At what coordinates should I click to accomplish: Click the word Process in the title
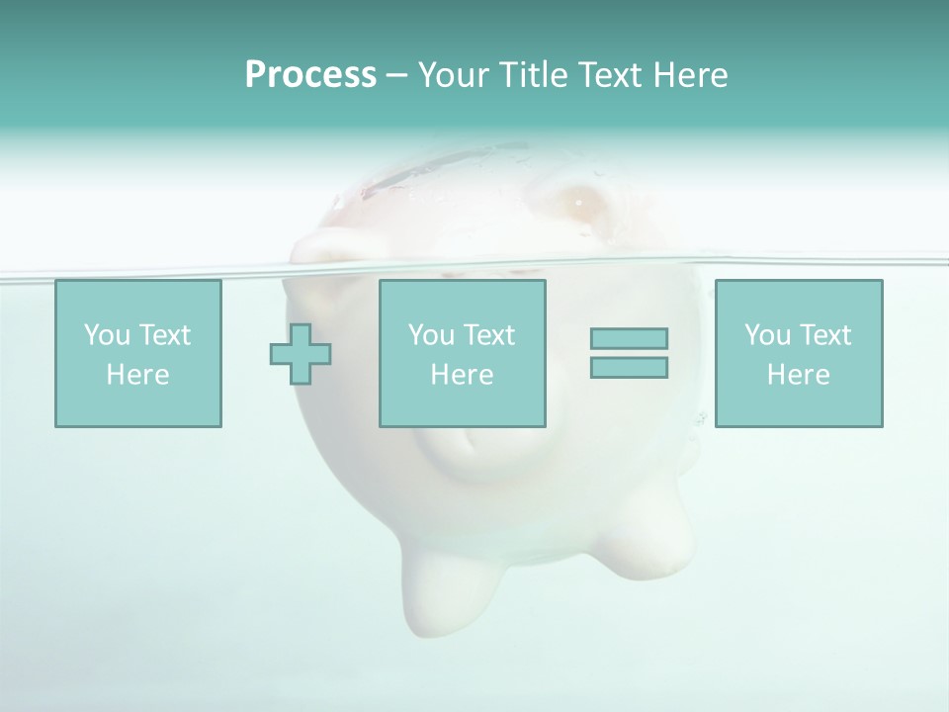[310, 75]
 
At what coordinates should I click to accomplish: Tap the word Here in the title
[689, 75]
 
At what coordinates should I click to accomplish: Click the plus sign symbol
[301, 354]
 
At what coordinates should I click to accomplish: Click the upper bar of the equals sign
[629, 338]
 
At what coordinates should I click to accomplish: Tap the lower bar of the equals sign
[629, 368]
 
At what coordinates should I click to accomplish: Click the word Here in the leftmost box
[137, 375]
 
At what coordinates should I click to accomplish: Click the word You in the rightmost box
[767, 335]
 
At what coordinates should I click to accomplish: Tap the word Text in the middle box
[490, 335]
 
